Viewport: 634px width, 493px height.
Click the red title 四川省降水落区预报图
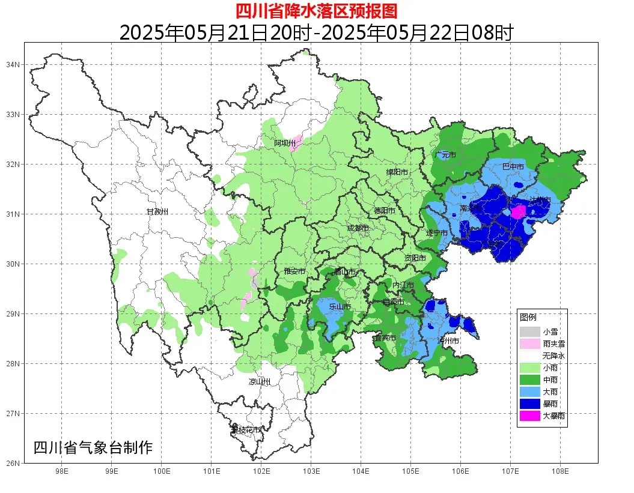pos(316,11)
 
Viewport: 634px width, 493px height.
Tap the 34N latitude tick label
pos(13,64)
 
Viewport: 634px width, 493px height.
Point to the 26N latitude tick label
pos(13,463)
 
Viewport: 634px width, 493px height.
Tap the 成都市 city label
pos(358,228)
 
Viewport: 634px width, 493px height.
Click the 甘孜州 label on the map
pos(157,212)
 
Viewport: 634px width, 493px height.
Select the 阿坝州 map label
pos(285,143)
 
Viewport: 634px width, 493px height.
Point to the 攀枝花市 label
pos(246,430)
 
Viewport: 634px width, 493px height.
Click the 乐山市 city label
pos(340,307)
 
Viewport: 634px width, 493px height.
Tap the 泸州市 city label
pos(448,340)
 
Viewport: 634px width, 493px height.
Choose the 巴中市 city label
pos(513,166)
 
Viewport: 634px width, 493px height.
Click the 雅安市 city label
pos(294,271)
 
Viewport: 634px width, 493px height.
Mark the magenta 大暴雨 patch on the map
pos(518,211)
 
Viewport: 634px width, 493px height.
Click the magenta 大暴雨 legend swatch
pos(530,415)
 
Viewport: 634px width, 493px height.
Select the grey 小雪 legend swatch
pos(530,331)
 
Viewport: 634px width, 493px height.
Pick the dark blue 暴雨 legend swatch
pos(530,403)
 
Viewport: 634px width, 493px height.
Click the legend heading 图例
pos(528,316)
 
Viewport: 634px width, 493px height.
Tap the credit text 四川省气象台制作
pos(93,447)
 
